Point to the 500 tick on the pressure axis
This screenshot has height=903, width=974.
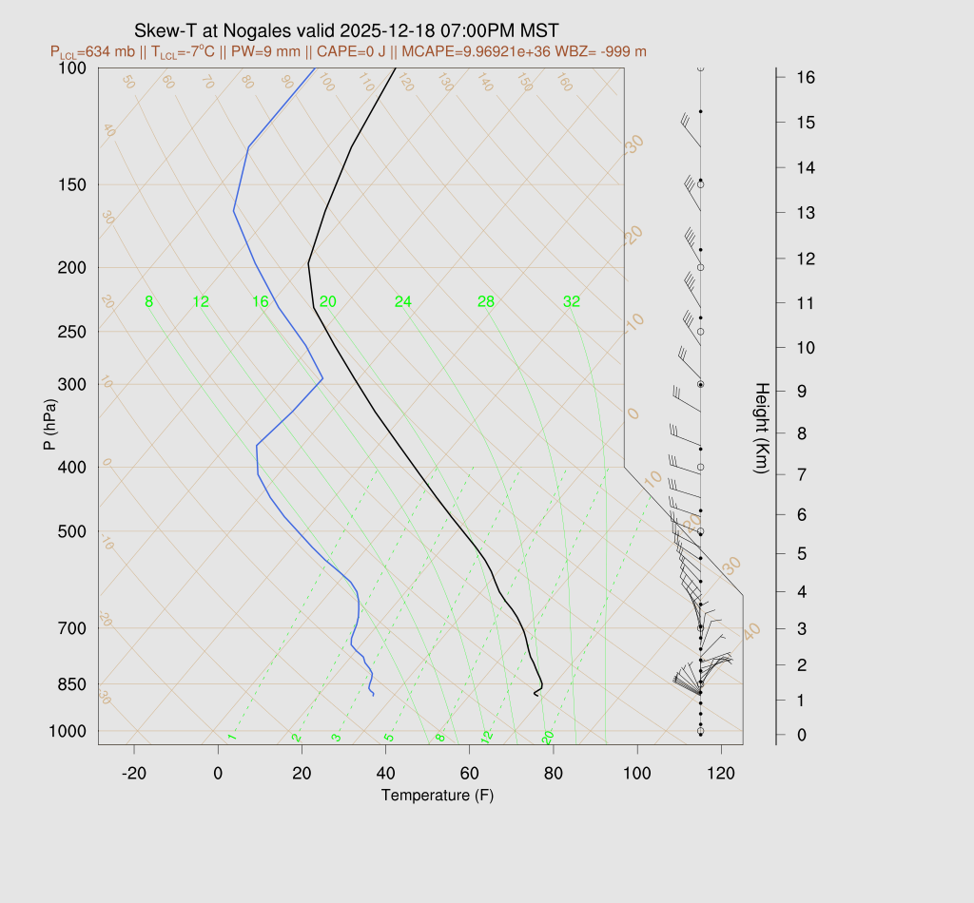(71, 531)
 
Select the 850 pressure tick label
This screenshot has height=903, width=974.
(71, 684)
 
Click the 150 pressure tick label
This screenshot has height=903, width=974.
(71, 184)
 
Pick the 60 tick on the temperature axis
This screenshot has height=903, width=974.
(470, 774)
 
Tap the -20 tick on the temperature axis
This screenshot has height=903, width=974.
(135, 774)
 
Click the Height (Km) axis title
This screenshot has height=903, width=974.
(761, 431)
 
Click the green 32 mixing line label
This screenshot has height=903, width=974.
(572, 302)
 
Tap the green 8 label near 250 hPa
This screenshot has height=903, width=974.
(148, 302)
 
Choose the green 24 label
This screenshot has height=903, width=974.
(403, 302)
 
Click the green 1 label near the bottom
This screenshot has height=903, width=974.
(232, 737)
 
